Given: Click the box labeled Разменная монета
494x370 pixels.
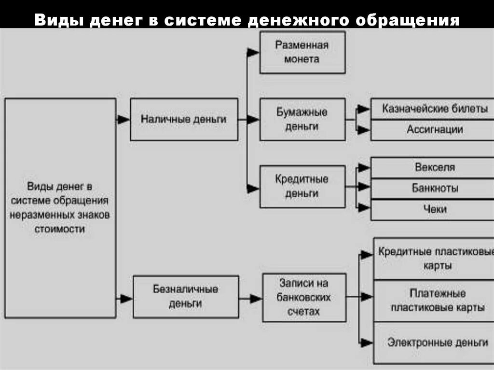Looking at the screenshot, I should coord(302,52).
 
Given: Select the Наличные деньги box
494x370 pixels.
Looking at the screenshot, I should coord(184,119).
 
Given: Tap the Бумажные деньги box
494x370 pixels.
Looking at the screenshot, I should coord(302,119).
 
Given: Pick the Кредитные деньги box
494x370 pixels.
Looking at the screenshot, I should coord(302,186).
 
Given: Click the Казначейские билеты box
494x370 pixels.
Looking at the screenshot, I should coord(435,109).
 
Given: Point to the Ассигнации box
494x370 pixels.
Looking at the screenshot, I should coord(435,129).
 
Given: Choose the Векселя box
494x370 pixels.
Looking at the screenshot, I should coord(435,168).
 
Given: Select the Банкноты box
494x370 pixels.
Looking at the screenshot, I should coord(435,188).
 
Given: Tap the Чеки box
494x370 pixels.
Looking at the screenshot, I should coord(435,209).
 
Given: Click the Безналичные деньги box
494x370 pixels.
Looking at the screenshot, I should coord(186,297).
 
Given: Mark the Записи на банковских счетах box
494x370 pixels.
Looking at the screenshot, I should coord(304,297).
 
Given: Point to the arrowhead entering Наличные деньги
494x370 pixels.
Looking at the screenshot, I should coord(124,119).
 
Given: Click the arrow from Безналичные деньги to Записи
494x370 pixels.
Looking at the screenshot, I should coord(251,299).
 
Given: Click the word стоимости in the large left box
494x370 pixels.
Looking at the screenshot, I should coord(59,229).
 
